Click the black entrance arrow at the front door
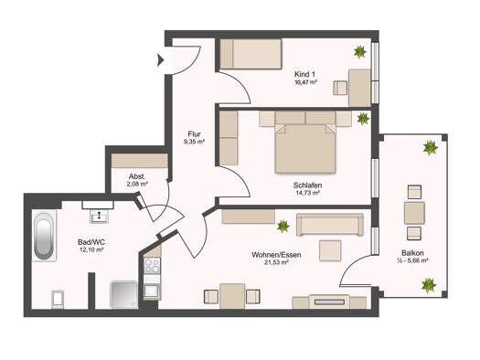[x=160, y=60]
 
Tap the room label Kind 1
[x=304, y=74]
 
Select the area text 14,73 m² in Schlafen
[x=307, y=193]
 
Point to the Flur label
[x=194, y=134]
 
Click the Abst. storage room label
[x=137, y=176]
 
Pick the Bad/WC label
[x=91, y=242]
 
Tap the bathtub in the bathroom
[x=44, y=236]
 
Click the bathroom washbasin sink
[x=99, y=217]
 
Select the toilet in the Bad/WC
[x=58, y=299]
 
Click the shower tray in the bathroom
[x=124, y=294]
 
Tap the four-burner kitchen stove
[x=152, y=266]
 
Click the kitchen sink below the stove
[x=152, y=291]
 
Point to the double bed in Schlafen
[x=305, y=148]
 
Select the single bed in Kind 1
[x=251, y=54]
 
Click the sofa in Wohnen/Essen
[x=330, y=225]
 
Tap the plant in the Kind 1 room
[x=360, y=52]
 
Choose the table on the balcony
[x=414, y=213]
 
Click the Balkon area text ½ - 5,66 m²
[x=412, y=260]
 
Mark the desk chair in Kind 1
[x=340, y=88]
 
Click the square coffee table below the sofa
[x=330, y=250]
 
